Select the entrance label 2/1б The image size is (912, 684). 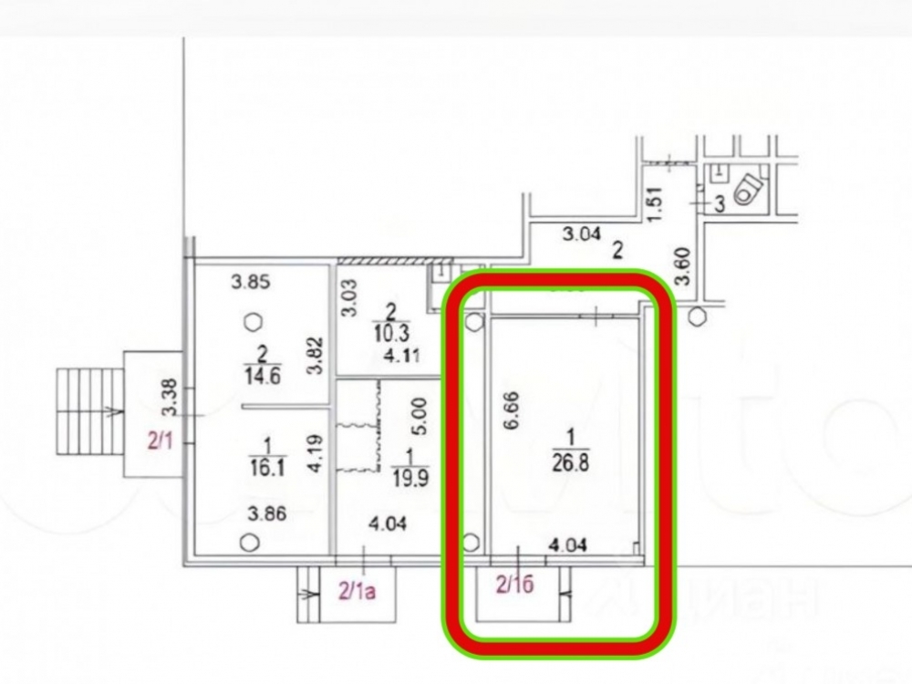click(513, 586)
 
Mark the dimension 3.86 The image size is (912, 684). click(265, 513)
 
